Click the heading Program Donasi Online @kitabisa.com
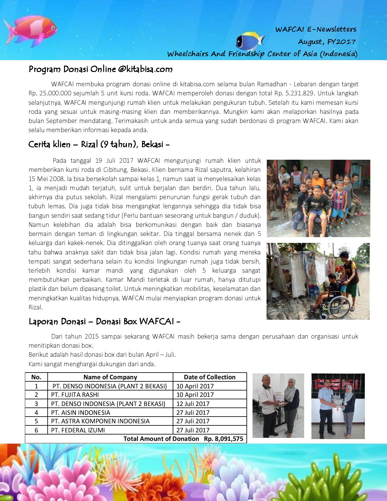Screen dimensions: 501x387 click(x=100, y=70)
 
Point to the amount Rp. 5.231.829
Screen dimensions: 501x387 click(x=304, y=93)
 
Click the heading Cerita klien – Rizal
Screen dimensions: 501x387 click(x=99, y=144)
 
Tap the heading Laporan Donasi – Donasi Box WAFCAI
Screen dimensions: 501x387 click(x=104, y=321)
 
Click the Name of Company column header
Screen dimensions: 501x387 click(x=110, y=377)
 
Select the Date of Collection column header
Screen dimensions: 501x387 click(x=209, y=377)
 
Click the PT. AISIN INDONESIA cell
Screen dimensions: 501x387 click(x=80, y=412)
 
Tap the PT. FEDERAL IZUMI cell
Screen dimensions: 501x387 click(x=78, y=430)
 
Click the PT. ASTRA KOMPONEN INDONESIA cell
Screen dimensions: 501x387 click(x=100, y=421)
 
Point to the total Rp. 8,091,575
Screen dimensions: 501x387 click(x=223, y=438)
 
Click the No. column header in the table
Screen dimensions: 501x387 click(x=36, y=377)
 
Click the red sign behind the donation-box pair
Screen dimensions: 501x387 click(x=338, y=383)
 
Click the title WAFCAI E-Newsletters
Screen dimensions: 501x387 click(x=316, y=29)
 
